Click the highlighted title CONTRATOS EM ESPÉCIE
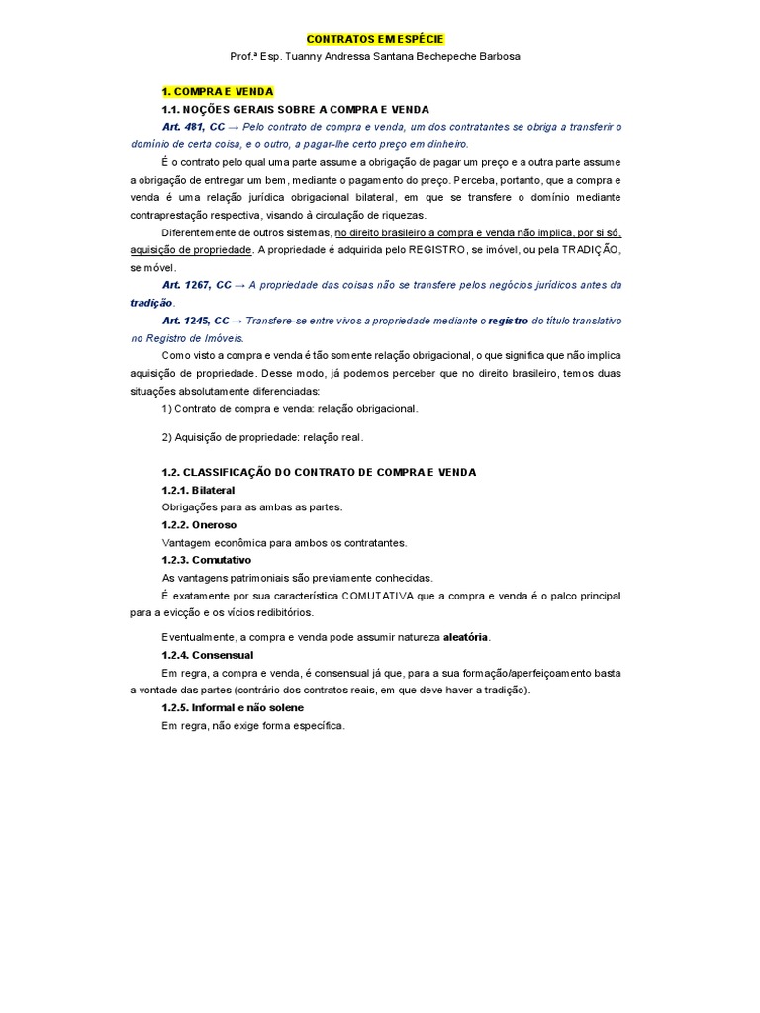point(375,39)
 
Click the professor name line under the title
point(375,56)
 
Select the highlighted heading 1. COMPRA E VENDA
point(217,91)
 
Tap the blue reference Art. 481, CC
point(194,127)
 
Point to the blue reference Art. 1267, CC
point(196,285)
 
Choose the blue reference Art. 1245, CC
point(196,321)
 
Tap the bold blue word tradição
point(150,303)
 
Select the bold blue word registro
point(508,321)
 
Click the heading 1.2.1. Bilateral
point(198,490)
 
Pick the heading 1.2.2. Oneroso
point(199,525)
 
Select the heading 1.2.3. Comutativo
point(206,560)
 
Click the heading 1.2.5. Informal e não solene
point(232,708)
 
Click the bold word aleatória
point(465,636)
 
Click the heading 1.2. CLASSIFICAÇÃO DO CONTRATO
point(318,472)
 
